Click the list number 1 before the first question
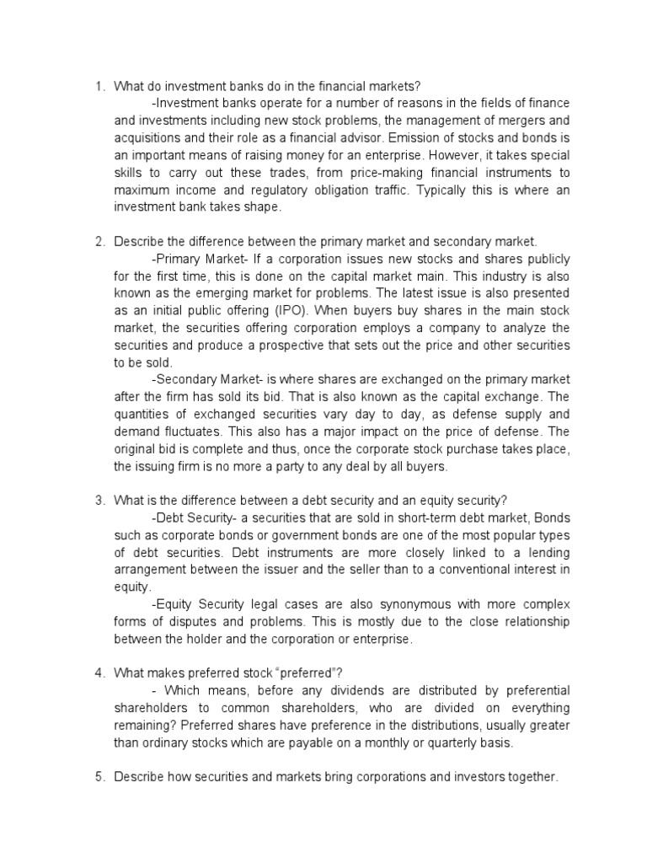(98, 86)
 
